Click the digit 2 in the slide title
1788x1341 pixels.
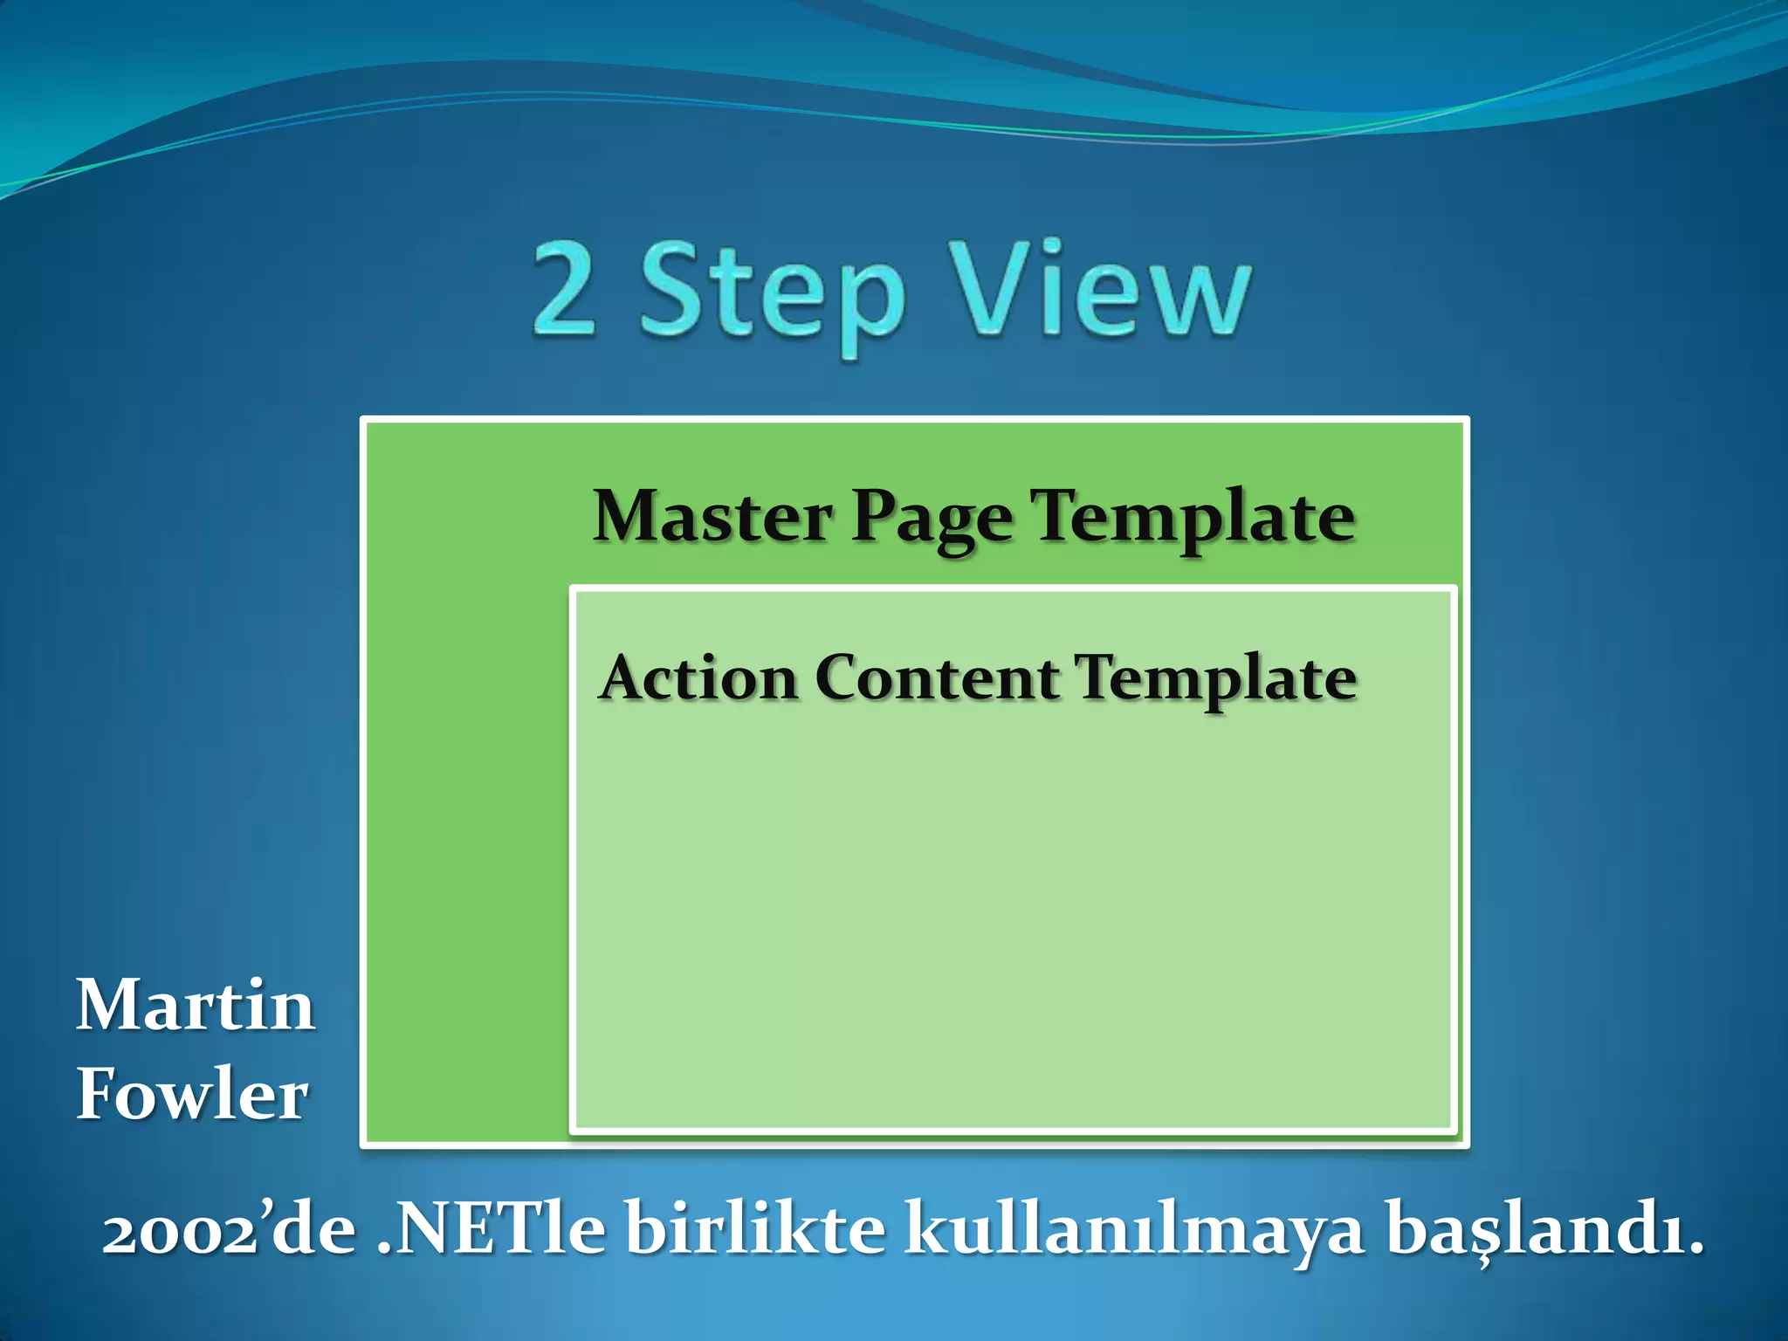pos(565,292)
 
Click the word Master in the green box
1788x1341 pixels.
pos(712,517)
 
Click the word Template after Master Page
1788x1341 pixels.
pos(1193,517)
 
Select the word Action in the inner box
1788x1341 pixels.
pos(698,678)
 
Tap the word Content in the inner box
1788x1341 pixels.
pos(937,678)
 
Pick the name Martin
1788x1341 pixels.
pos(195,1006)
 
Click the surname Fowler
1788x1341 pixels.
pos(192,1095)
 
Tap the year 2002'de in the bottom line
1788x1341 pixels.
pos(229,1232)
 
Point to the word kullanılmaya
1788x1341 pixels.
pos(1133,1232)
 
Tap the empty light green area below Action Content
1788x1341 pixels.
pos(1013,917)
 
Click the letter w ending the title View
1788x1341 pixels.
pos(1201,301)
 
